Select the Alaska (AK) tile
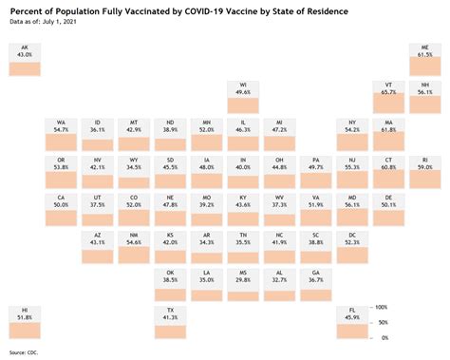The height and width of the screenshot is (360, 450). (x=25, y=59)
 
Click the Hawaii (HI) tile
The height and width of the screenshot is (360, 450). (x=25, y=323)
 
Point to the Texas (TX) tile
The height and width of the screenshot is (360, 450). (x=171, y=323)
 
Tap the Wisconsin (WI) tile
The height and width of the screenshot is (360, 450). (x=243, y=97)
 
